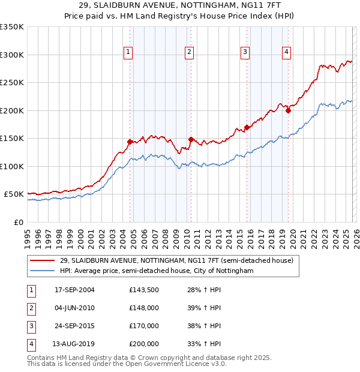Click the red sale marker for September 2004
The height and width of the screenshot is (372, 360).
coord(130,142)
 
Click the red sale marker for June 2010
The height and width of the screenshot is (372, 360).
coord(190,139)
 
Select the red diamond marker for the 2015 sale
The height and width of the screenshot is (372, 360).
coord(247,127)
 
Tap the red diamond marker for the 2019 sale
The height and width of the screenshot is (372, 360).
coord(288,110)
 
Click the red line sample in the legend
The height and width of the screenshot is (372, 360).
coord(43,261)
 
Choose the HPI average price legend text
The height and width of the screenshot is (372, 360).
coord(157,271)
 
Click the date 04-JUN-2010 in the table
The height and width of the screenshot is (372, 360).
coord(74,308)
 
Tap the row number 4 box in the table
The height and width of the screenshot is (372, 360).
coord(30,344)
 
